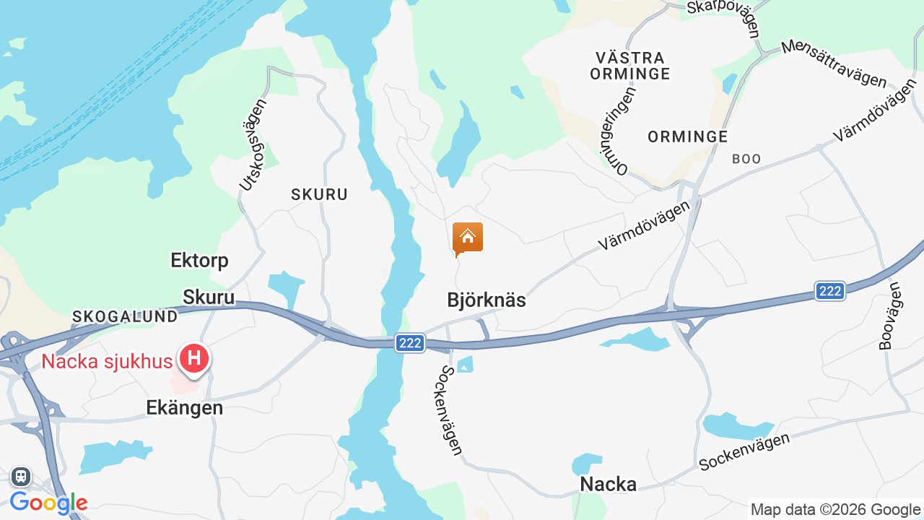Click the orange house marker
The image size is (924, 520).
pyautogui.click(x=468, y=238)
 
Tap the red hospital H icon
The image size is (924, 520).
pyautogui.click(x=193, y=358)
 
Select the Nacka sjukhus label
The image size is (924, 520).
pyautogui.click(x=107, y=361)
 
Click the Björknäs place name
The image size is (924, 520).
pyautogui.click(x=487, y=300)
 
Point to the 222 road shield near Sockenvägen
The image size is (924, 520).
pyautogui.click(x=410, y=343)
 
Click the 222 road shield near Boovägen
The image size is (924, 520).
pyautogui.click(x=831, y=291)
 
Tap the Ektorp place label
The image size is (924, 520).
pyautogui.click(x=199, y=260)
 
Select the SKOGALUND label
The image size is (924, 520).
pyautogui.click(x=125, y=316)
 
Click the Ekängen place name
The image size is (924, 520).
pyautogui.click(x=184, y=407)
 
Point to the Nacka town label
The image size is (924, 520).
pyautogui.click(x=609, y=484)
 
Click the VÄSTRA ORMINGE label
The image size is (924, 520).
pyautogui.click(x=629, y=65)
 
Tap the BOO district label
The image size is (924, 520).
pyautogui.click(x=746, y=159)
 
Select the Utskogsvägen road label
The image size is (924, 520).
pyautogui.click(x=253, y=144)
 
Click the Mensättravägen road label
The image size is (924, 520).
pyautogui.click(x=833, y=64)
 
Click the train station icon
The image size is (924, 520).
pyautogui.click(x=20, y=477)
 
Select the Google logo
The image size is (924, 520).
pyautogui.click(x=48, y=503)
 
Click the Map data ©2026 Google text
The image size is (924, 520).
pyautogui.click(x=835, y=510)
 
